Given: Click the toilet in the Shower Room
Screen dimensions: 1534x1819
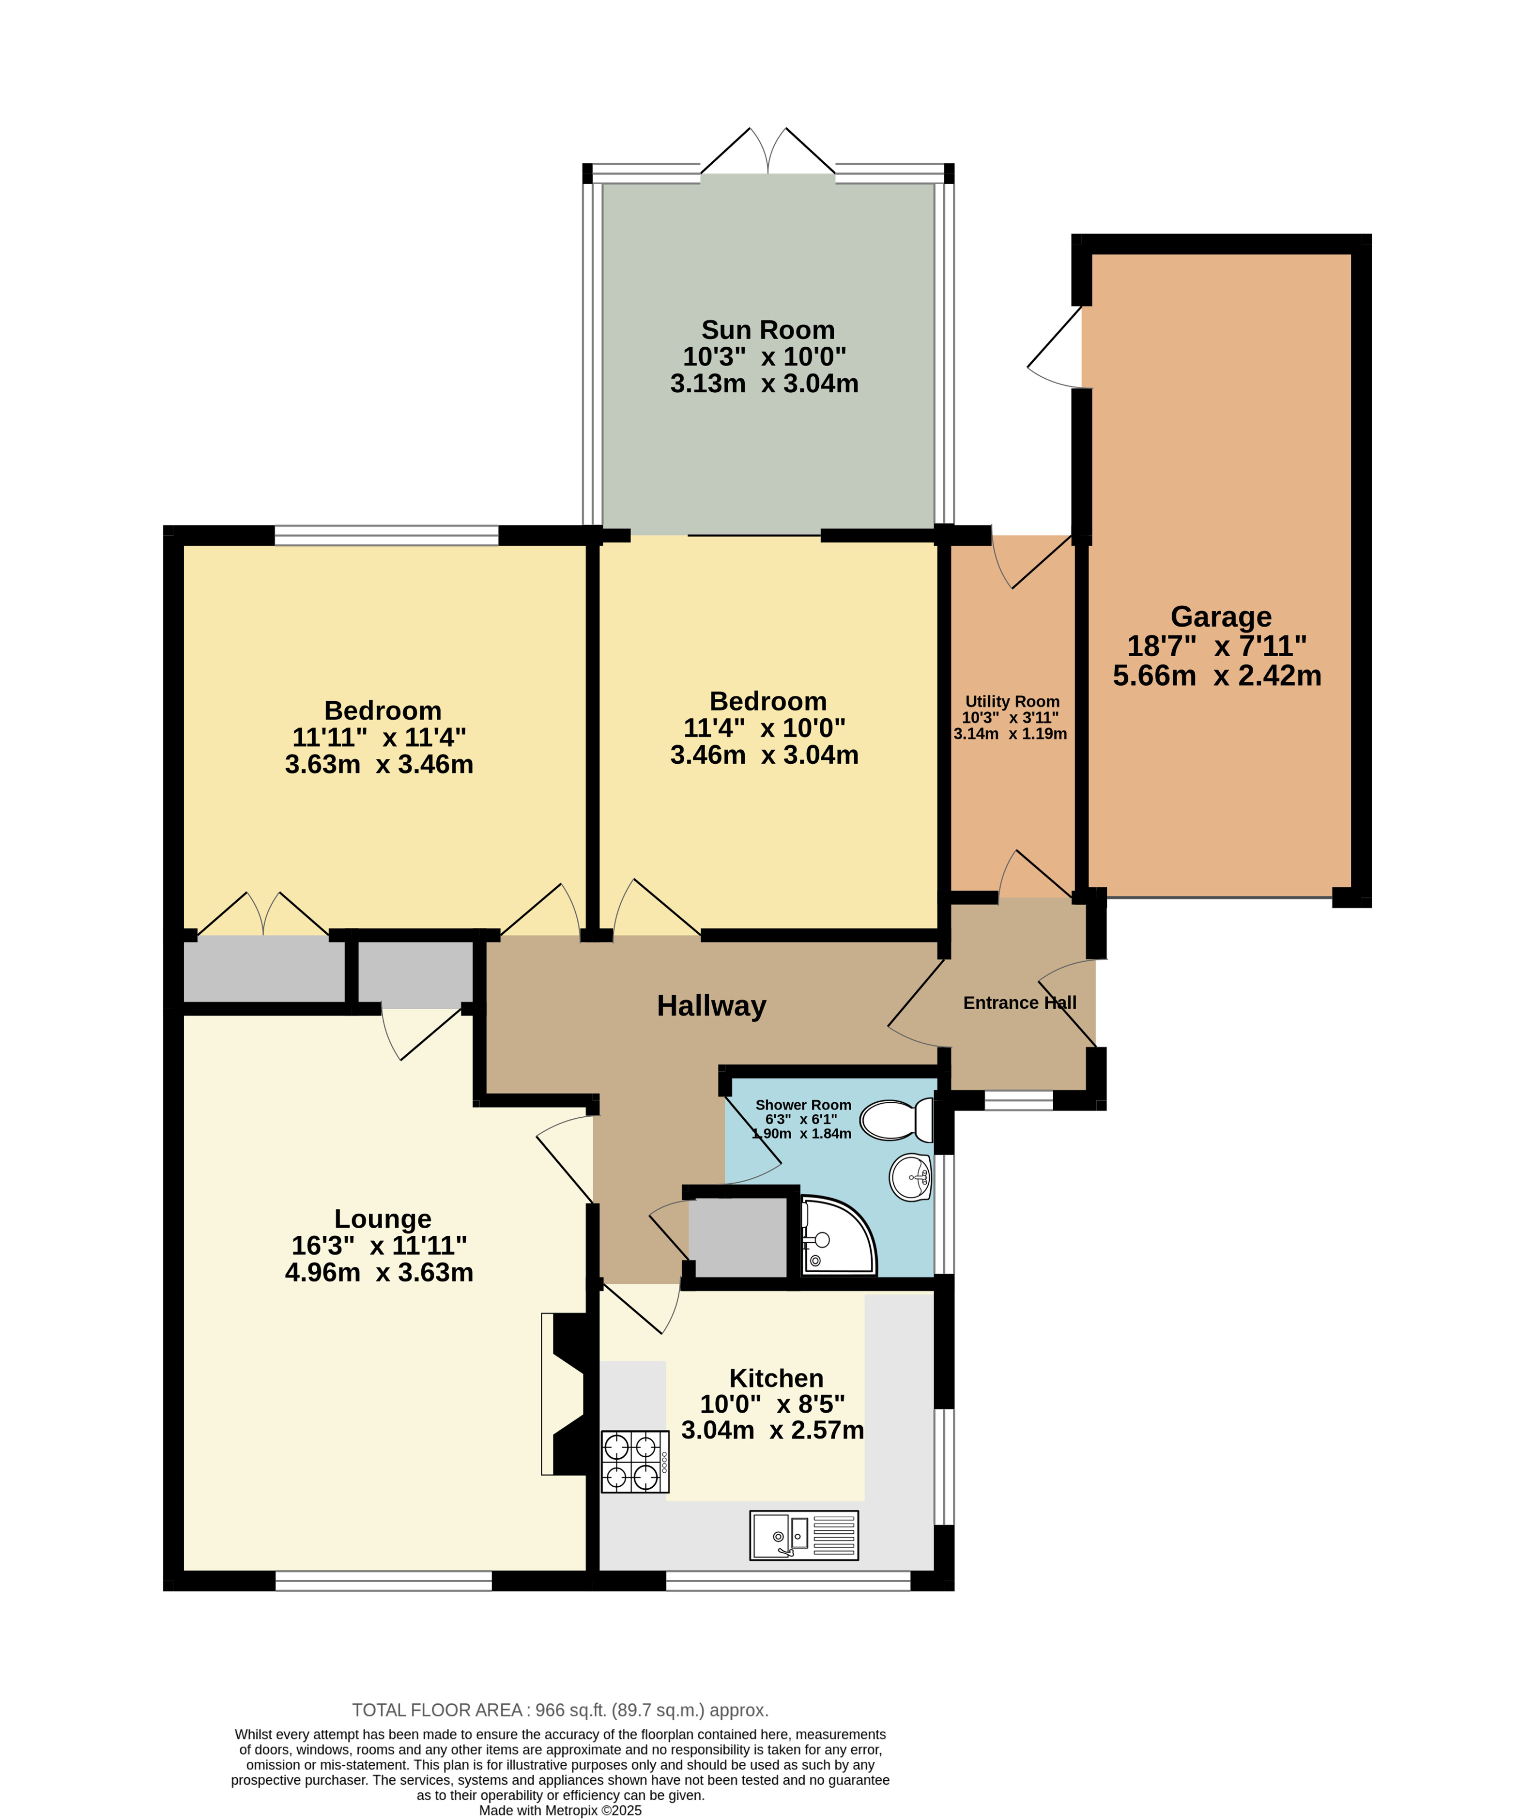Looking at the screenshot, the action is (x=902, y=1120).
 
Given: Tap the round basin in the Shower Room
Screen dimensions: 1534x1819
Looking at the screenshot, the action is (x=910, y=1177).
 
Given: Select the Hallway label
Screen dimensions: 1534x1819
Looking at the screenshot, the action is (x=711, y=1006).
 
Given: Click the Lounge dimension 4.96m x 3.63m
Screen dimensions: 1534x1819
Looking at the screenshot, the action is (x=379, y=1272).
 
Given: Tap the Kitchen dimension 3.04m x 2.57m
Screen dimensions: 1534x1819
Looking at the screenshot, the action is (x=772, y=1430).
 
